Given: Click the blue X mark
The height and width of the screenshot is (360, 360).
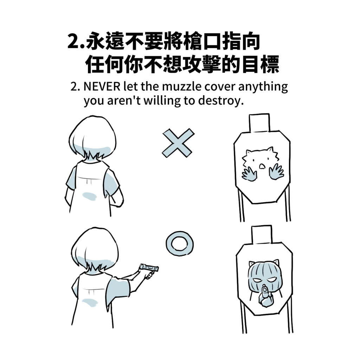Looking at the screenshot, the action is [178, 143].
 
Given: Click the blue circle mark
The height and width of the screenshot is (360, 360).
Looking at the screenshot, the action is [180, 244].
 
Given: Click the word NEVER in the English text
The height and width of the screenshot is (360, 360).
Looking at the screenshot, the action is [102, 86].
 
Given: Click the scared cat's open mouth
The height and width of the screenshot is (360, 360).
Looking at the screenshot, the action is [262, 166].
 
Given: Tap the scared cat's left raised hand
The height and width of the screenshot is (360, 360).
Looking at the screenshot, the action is [249, 174].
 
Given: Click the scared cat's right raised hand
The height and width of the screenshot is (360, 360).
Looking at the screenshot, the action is [276, 172].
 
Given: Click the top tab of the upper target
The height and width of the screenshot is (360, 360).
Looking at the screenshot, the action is [259, 123].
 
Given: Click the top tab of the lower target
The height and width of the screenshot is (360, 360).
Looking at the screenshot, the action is [262, 234].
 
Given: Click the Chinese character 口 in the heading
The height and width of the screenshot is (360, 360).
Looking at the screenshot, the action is [212, 41].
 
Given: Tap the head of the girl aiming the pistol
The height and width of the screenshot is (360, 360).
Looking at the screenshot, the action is [94, 249].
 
